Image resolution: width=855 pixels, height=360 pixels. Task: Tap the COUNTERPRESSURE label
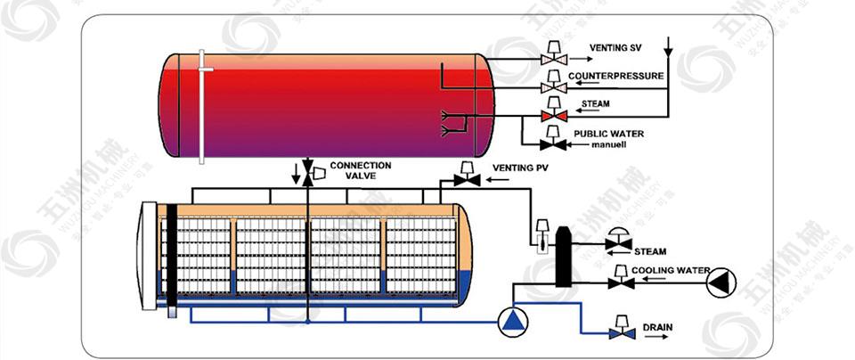coord(615,76)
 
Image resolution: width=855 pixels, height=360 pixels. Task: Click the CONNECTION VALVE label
coord(360,171)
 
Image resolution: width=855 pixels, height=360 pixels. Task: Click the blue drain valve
coord(617,329)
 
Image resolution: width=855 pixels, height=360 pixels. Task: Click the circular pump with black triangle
coord(721,282)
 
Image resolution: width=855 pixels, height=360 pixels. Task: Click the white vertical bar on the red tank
coord(204,106)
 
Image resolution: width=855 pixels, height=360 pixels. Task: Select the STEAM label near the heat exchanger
coord(649,251)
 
